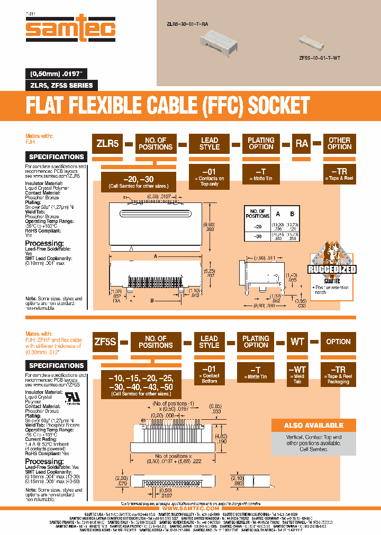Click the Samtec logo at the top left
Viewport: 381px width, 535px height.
pyautogui.click(x=70, y=30)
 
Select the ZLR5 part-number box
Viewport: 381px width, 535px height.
pyautogui.click(x=107, y=143)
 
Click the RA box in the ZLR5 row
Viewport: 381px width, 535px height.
pyautogui.click(x=302, y=143)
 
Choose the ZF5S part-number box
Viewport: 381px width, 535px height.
pyautogui.click(x=104, y=342)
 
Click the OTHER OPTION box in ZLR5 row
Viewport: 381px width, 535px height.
pyautogui.click(x=339, y=143)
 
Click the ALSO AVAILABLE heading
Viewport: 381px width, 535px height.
pyautogui.click(x=306, y=425)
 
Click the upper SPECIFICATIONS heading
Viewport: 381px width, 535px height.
pyautogui.click(x=57, y=156)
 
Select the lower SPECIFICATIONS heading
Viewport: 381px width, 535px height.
pyautogui.click(x=57, y=365)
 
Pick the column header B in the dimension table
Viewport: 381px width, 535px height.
pyautogui.click(x=292, y=214)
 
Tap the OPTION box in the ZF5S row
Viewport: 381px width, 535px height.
pyautogui.click(x=338, y=342)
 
